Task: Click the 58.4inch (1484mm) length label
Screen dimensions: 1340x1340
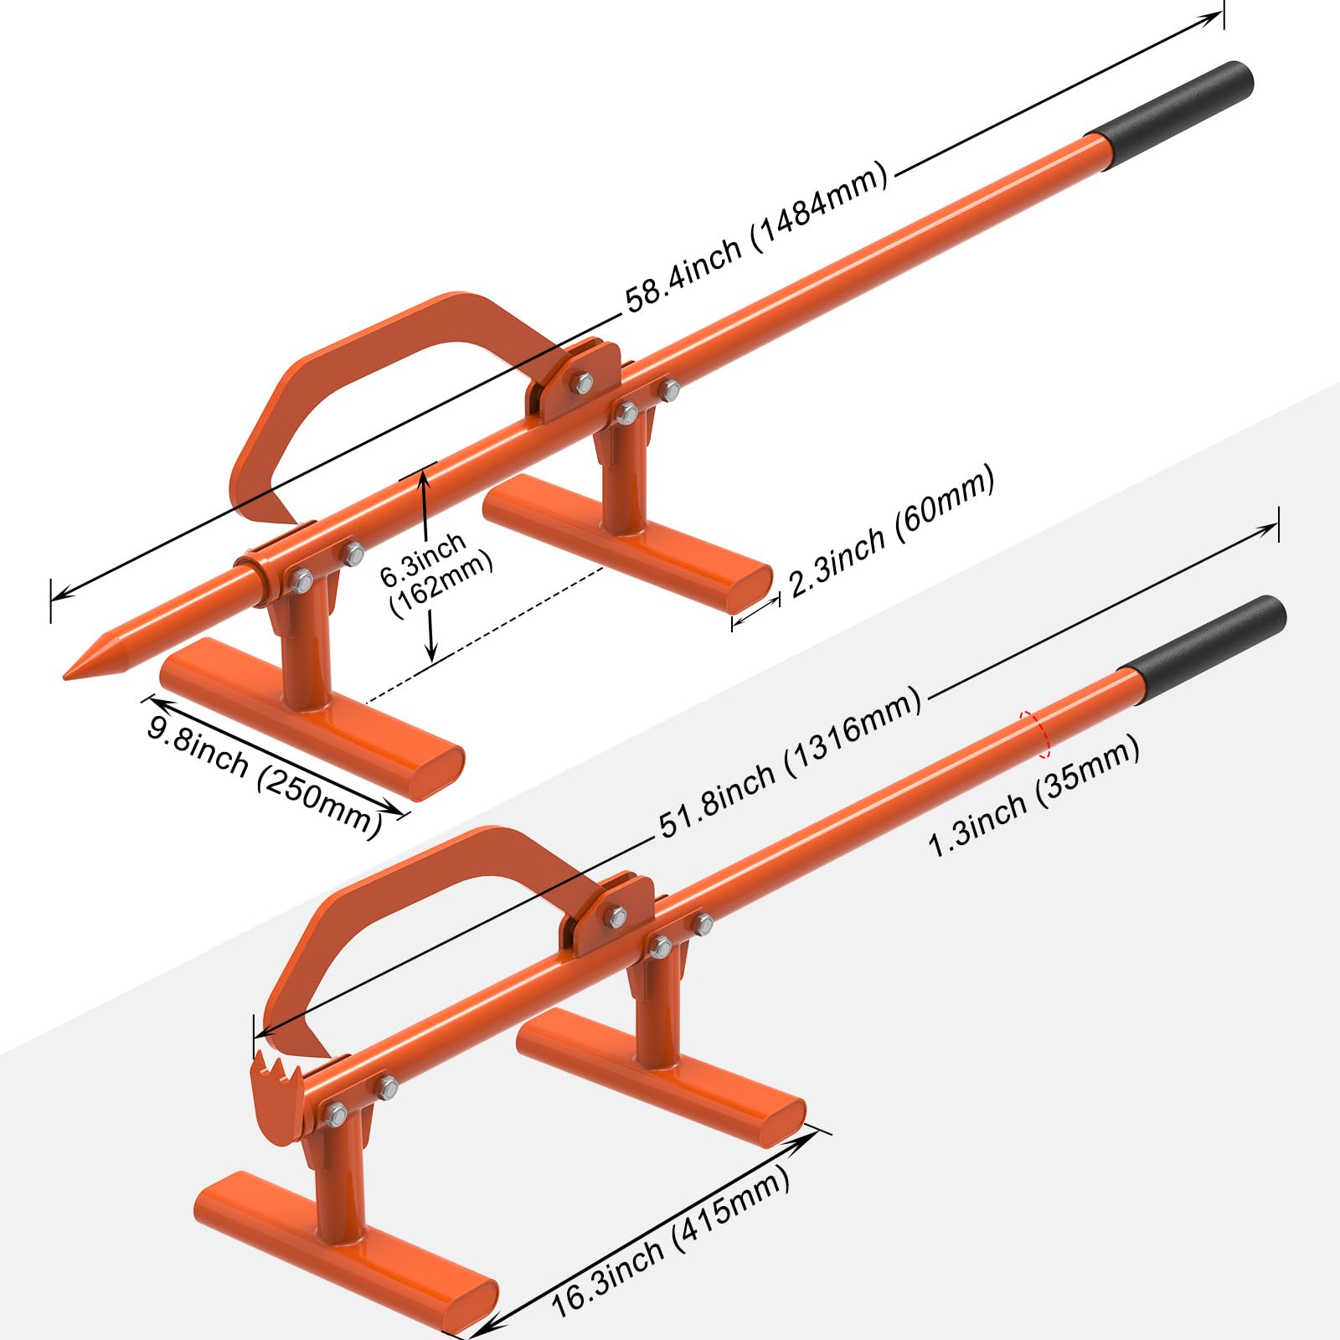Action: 756,237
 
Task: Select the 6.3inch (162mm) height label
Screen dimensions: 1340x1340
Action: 435,575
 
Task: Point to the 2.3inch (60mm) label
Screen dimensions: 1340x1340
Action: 892,531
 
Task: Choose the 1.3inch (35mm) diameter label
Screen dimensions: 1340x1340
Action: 1033,796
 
